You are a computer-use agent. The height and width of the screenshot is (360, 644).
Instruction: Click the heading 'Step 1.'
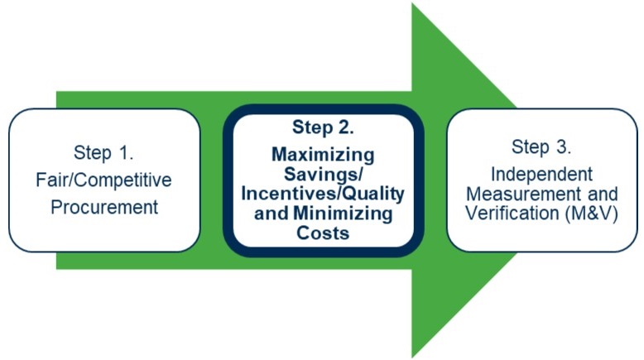(x=103, y=153)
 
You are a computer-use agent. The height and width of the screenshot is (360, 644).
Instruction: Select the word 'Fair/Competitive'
(x=103, y=180)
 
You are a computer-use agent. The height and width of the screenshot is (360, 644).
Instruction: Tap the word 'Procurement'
(x=104, y=207)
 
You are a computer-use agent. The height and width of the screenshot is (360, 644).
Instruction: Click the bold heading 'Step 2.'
(x=323, y=127)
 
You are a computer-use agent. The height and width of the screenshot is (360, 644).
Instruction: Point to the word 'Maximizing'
(x=323, y=155)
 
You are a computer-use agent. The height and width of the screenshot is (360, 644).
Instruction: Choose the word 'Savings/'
(x=323, y=175)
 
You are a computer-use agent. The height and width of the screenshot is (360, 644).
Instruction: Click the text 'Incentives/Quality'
(x=323, y=194)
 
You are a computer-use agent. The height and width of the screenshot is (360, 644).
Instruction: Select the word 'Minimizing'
(x=343, y=214)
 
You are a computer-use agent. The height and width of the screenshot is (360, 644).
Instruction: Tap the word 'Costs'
(x=323, y=233)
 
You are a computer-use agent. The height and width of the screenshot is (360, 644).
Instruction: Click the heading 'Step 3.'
(x=541, y=147)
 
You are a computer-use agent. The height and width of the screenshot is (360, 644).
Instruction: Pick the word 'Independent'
(x=541, y=175)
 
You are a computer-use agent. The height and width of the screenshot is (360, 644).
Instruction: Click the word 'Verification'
(x=512, y=214)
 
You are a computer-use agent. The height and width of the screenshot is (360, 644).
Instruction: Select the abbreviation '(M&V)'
(x=591, y=214)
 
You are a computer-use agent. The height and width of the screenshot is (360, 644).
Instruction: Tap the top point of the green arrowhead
(x=412, y=3)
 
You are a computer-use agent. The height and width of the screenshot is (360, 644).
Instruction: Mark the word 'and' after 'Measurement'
(x=603, y=194)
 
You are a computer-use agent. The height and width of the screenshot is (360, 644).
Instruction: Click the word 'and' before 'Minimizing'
(x=272, y=214)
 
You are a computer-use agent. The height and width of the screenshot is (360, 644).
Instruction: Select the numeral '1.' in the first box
(x=126, y=153)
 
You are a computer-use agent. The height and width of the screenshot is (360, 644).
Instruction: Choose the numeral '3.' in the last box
(x=564, y=147)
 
